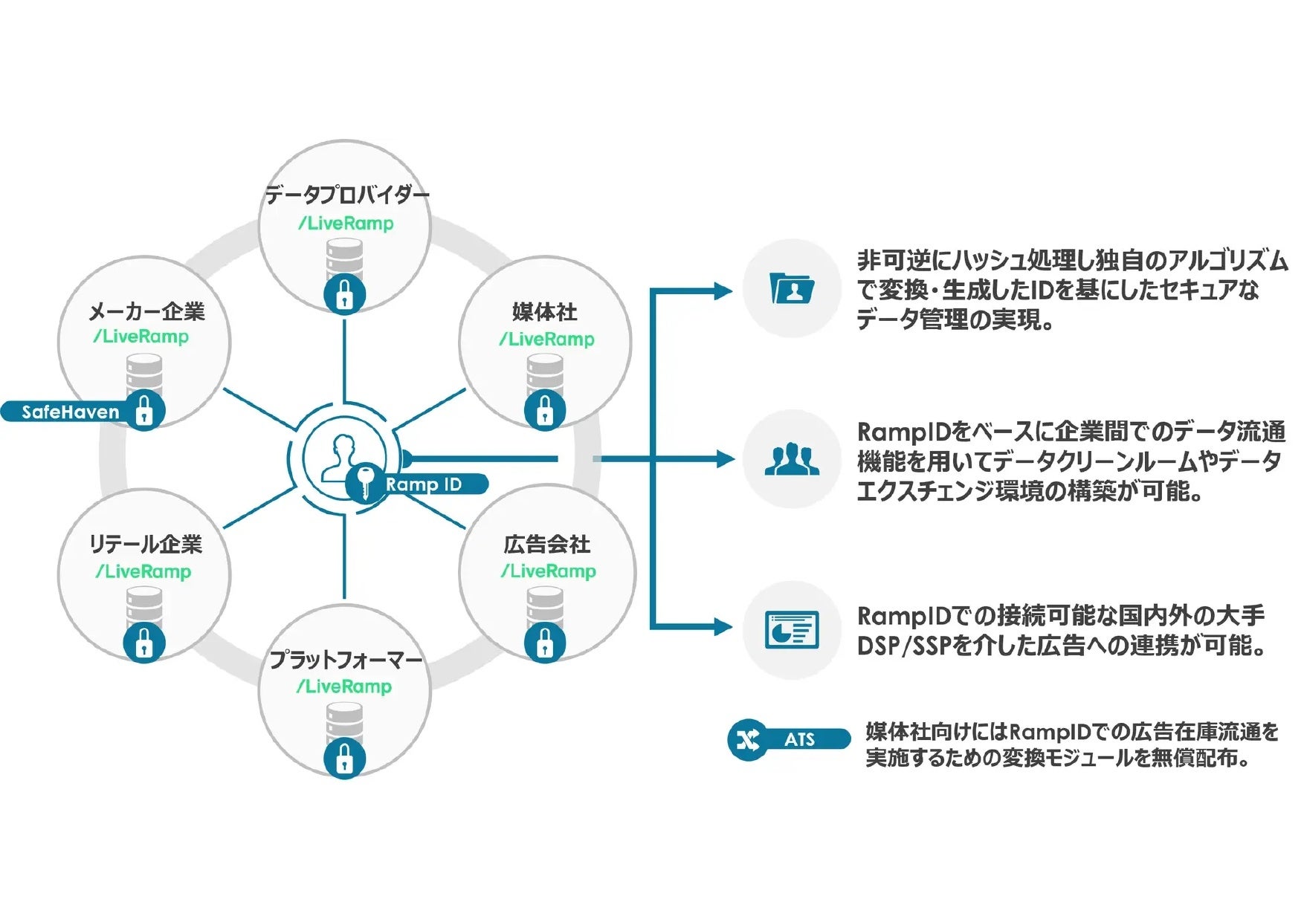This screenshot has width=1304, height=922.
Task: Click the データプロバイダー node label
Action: click(x=347, y=195)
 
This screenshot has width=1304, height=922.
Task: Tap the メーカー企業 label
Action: click(x=146, y=311)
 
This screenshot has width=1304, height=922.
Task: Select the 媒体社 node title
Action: click(x=545, y=312)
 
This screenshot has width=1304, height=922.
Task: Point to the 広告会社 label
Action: click(x=547, y=545)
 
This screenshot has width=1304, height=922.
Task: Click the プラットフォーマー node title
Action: click(x=346, y=659)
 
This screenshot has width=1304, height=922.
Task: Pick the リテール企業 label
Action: click(x=146, y=545)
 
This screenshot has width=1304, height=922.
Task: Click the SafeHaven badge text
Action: click(x=70, y=412)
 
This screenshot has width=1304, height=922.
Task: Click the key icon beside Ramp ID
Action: click(x=364, y=483)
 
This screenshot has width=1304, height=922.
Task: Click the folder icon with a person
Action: click(x=792, y=288)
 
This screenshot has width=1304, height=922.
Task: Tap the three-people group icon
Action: click(x=792, y=459)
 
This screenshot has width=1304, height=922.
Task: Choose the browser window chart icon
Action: click(x=792, y=630)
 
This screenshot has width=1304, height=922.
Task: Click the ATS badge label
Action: click(x=800, y=739)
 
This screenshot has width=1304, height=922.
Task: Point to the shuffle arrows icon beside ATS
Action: click(x=748, y=739)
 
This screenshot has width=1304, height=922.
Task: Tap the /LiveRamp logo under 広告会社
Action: click(x=549, y=571)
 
